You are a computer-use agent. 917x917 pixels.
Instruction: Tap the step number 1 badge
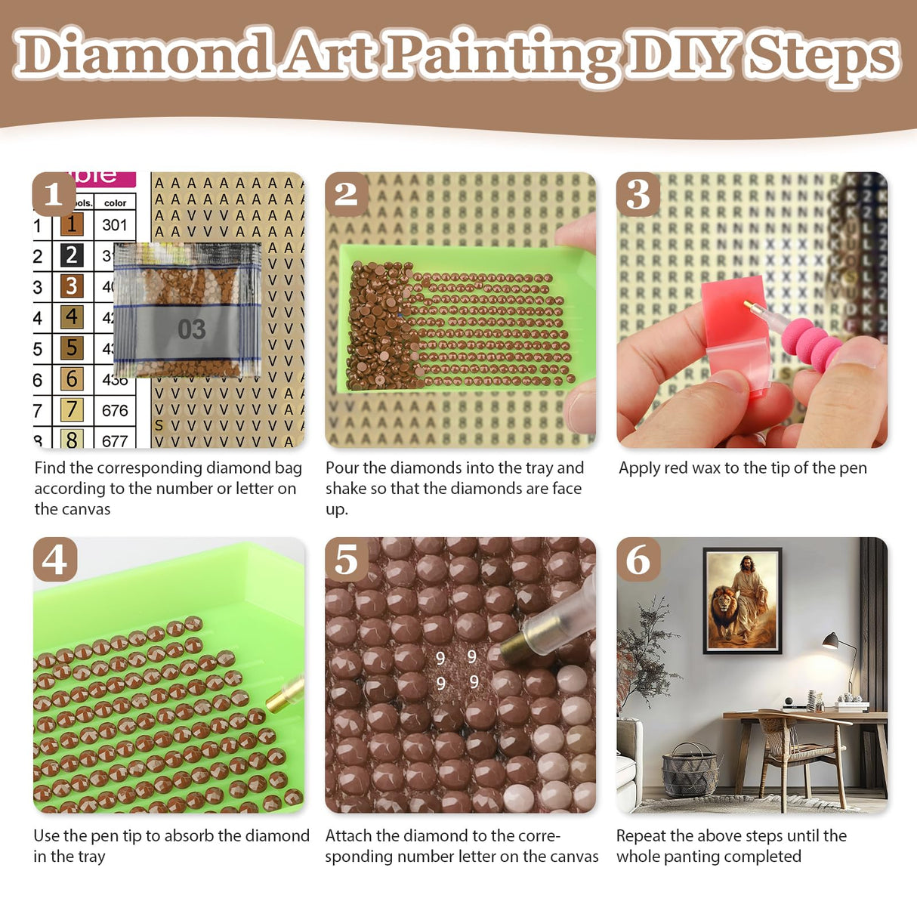click(54, 194)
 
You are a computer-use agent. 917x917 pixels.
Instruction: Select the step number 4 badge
click(54, 560)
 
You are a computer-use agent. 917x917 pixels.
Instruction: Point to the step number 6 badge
click(638, 560)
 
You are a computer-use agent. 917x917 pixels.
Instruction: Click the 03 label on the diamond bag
click(191, 329)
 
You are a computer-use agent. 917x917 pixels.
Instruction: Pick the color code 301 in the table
click(115, 224)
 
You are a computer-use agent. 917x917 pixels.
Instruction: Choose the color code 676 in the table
click(115, 410)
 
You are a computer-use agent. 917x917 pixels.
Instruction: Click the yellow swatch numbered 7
click(72, 409)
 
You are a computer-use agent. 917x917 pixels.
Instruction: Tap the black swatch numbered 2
click(72, 255)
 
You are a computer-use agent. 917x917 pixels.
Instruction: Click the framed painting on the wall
click(743, 601)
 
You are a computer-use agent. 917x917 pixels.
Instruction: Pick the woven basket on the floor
click(689, 770)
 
